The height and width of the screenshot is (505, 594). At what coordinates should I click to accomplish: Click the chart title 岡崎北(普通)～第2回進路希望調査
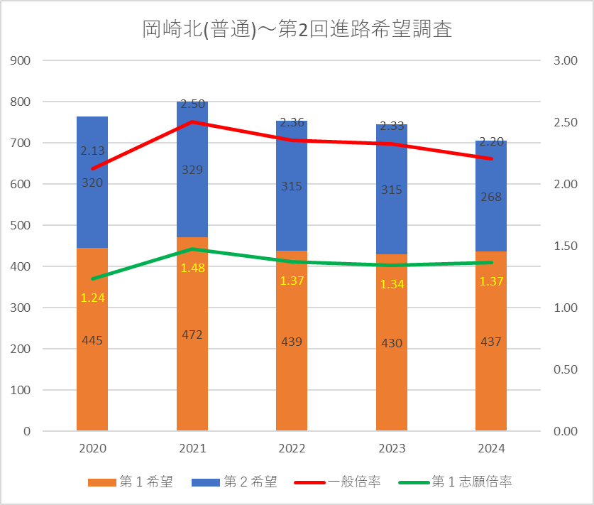(x=297, y=30)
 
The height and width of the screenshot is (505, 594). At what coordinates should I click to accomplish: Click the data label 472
(x=192, y=335)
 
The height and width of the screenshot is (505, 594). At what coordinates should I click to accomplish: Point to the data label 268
(x=491, y=197)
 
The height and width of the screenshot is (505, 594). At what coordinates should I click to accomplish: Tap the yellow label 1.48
(x=192, y=268)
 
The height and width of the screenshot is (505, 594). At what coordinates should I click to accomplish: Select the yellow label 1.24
(x=92, y=298)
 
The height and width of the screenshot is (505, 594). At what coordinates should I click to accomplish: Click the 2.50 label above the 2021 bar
(x=192, y=104)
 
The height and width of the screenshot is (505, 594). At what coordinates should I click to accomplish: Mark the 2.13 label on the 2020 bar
(x=92, y=151)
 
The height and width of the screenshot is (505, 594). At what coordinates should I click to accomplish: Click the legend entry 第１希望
(x=131, y=482)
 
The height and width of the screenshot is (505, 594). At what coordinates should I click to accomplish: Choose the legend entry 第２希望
(x=234, y=482)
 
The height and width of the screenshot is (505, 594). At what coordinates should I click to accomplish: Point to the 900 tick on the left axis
(x=22, y=60)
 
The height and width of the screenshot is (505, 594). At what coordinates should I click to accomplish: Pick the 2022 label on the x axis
(x=292, y=449)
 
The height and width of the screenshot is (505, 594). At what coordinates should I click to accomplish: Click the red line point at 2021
(x=192, y=121)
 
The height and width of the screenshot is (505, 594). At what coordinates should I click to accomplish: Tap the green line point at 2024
(x=491, y=262)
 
